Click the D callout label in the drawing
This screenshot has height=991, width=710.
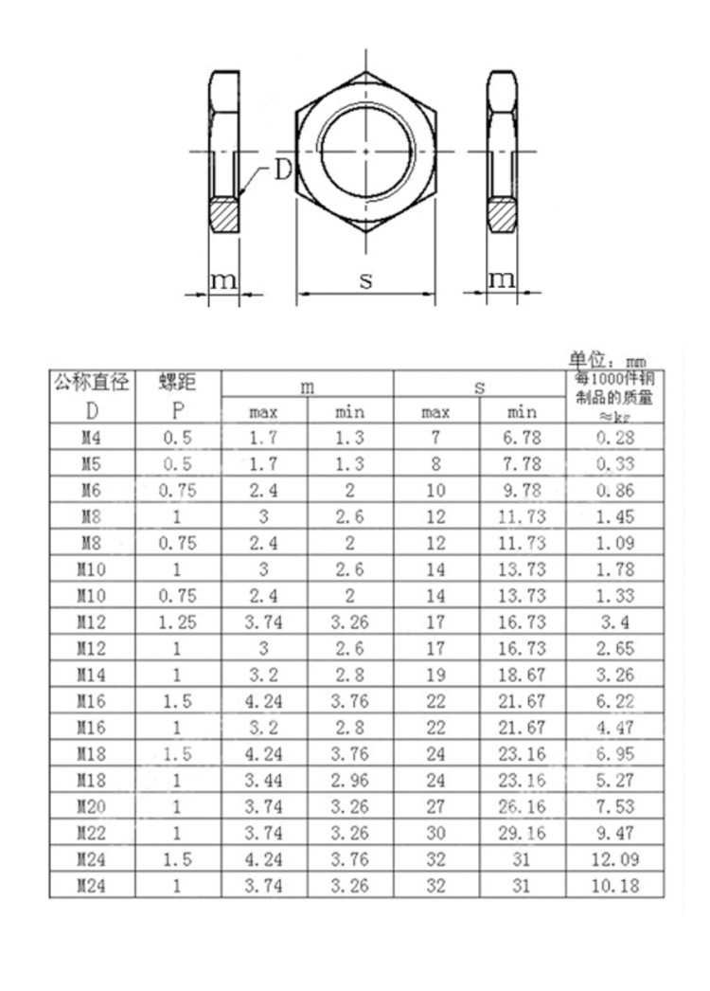282,171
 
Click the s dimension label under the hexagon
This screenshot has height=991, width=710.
365,279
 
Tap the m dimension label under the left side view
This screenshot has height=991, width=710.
222,279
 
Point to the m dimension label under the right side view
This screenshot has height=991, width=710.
502,279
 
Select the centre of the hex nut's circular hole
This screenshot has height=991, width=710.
366,151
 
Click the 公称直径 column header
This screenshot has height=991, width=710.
91,384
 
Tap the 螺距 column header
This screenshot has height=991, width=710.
177,384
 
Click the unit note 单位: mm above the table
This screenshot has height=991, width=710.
607,360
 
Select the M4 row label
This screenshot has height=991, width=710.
91,437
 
